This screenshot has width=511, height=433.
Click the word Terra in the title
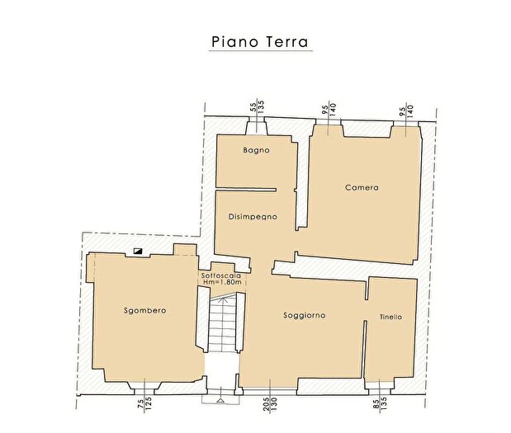(285, 40)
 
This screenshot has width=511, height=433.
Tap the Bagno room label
(256, 151)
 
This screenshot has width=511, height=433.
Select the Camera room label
(362, 187)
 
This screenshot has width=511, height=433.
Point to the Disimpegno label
(252, 216)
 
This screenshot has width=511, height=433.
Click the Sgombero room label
(145, 310)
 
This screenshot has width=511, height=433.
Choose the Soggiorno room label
(304, 315)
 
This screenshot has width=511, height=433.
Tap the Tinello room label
(391, 317)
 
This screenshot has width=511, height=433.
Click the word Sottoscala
(221, 275)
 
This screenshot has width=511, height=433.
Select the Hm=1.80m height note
(221, 283)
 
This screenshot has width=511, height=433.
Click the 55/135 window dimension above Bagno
(256, 107)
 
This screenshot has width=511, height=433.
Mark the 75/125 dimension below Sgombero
(145, 402)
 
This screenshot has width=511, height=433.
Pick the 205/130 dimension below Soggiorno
(270, 402)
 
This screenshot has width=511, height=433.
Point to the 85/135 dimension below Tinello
(379, 402)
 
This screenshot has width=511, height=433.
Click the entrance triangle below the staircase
(220, 399)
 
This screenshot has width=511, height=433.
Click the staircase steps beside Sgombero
(221, 326)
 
